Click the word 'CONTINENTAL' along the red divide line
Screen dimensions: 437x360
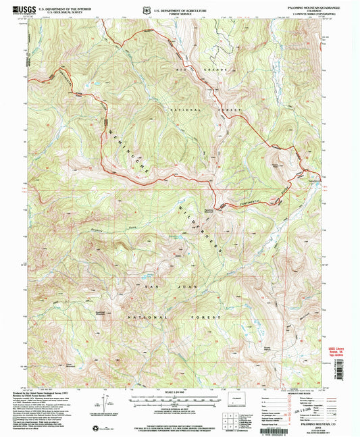250,203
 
